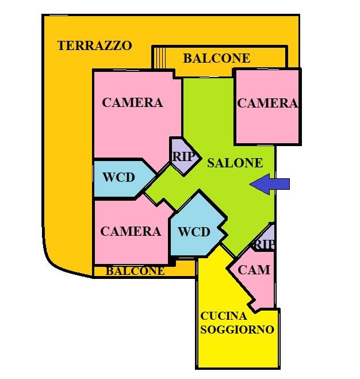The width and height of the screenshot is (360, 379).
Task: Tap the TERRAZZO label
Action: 95,46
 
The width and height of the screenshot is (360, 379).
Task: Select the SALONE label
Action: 235,163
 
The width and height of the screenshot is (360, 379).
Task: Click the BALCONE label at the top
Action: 216,58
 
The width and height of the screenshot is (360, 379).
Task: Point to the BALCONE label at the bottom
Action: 135,271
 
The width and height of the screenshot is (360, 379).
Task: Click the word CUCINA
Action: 224,316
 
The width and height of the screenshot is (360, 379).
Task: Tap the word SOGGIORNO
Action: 236,330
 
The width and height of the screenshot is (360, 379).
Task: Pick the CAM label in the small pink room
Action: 254,270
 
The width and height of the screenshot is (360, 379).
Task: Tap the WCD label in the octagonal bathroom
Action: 194,232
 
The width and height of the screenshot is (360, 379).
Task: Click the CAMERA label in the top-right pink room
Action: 267,104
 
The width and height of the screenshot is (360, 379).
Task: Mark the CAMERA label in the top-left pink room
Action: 132,103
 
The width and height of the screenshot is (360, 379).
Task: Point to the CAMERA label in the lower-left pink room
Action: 131,232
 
